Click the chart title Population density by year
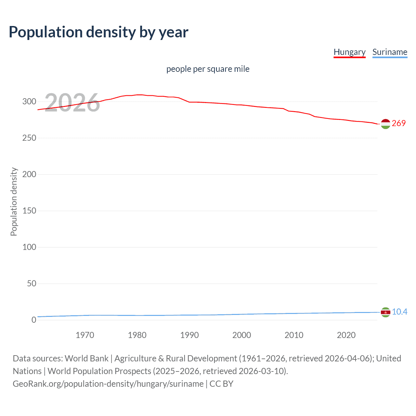click(x=98, y=32)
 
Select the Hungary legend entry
click(x=349, y=52)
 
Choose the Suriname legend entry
click(x=390, y=52)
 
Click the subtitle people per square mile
click(x=208, y=69)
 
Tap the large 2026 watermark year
click(x=72, y=103)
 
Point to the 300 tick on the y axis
click(x=29, y=101)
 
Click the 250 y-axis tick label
click(x=29, y=138)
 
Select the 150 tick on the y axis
click(x=29, y=211)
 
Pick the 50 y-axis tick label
click(x=32, y=283)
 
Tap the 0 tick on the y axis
click(x=34, y=320)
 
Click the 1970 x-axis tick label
click(x=85, y=335)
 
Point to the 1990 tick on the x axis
click(x=189, y=335)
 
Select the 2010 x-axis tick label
click(x=294, y=335)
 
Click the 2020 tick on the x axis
click(x=346, y=335)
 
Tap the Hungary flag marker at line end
click(x=385, y=124)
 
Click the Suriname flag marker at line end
click(x=385, y=312)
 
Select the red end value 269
click(x=399, y=123)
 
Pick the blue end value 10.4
click(x=399, y=312)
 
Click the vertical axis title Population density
click(x=14, y=201)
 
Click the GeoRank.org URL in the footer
click(x=108, y=384)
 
